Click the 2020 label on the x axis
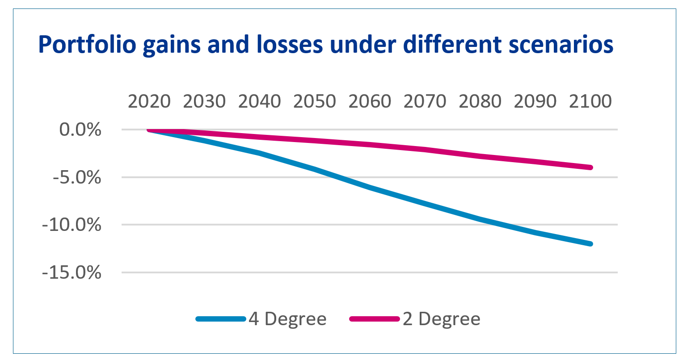[x=149, y=102]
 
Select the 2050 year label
[x=315, y=102]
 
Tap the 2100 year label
[x=590, y=102]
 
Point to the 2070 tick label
[x=425, y=102]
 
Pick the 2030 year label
[x=204, y=102]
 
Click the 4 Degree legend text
[x=287, y=319]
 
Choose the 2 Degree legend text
[x=442, y=319]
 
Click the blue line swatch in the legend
[x=221, y=319]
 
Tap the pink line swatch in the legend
[x=375, y=319]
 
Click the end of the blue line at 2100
[x=590, y=244]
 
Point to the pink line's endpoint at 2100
[x=590, y=167]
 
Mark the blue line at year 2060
[x=370, y=188]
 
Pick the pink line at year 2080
[x=480, y=155]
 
